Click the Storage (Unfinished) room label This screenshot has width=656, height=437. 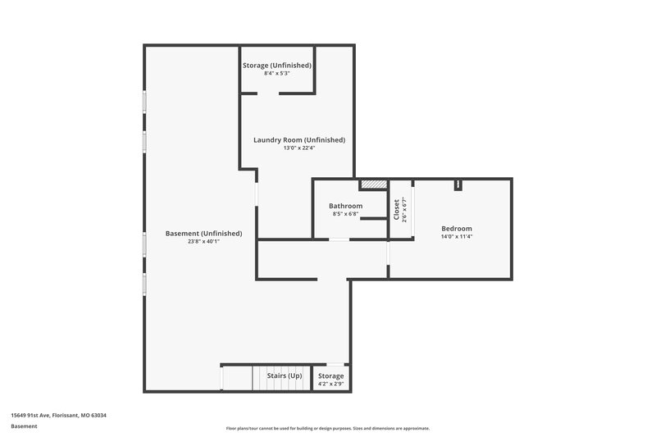tap(277, 65)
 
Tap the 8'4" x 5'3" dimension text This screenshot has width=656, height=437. tap(277, 74)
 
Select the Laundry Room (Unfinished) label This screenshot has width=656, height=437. tap(299, 139)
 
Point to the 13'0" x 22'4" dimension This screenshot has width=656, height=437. tap(299, 148)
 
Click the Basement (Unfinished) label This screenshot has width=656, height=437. tap(204, 233)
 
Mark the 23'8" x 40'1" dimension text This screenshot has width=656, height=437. tap(204, 242)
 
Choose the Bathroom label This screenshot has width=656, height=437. tap(346, 206)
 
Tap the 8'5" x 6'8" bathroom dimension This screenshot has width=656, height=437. tap(346, 214)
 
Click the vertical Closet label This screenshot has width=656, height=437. tap(397, 210)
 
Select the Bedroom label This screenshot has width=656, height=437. tap(457, 228)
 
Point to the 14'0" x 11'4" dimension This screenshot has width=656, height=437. tap(457, 237)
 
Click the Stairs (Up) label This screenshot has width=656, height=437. tap(285, 376)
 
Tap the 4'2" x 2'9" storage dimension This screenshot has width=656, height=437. tap(331, 384)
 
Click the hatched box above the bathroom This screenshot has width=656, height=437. tap(373, 184)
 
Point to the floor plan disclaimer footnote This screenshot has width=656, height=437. tap(328, 428)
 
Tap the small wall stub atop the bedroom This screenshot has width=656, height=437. tap(458, 184)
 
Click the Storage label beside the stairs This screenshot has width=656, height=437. tap(331, 376)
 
